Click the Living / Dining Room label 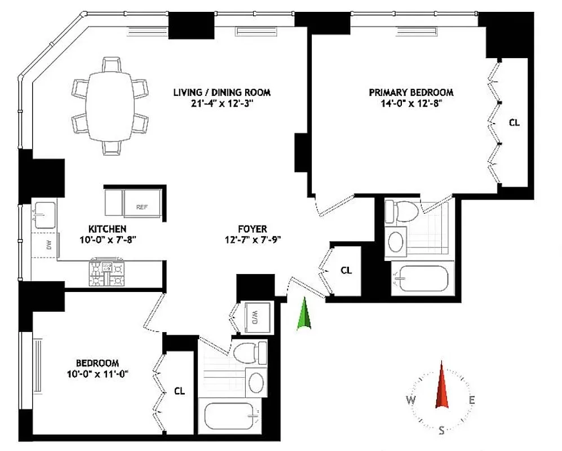point(222,92)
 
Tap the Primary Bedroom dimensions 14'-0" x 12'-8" point(410,103)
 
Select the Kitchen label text point(107,229)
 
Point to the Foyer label point(251,229)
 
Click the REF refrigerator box point(142,206)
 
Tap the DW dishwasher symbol point(48,245)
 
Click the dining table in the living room point(110,105)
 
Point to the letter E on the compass point(472,400)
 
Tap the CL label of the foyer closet point(346,271)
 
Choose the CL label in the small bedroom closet point(179,390)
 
